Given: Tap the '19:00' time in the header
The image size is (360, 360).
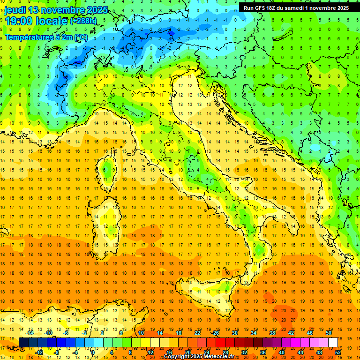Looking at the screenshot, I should pyautogui.click(x=18, y=21).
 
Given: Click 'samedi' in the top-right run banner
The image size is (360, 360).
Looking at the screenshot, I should pyautogui.click(x=296, y=8).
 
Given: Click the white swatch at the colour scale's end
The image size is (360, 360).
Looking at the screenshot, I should pyautogui.click(x=333, y=343).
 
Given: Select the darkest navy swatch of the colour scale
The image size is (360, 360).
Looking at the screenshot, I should pyautogui.click(x=23, y=343).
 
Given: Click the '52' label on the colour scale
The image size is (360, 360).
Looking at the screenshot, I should pyautogui.click(x=338, y=352).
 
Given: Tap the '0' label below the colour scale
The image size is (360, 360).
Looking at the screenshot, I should pyautogui.click(x=93, y=352).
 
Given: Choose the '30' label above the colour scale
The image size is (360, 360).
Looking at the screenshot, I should pyautogui.click(x=235, y=333).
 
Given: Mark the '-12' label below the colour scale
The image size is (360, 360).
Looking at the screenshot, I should pyautogui.click(x=39, y=352).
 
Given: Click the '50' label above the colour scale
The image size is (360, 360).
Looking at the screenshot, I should pyautogui.click(x=329, y=333).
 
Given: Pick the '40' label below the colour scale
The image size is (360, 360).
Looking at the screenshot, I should pyautogui.click(x=281, y=352).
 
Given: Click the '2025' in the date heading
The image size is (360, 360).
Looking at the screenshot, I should pyautogui.click(x=97, y=10).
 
